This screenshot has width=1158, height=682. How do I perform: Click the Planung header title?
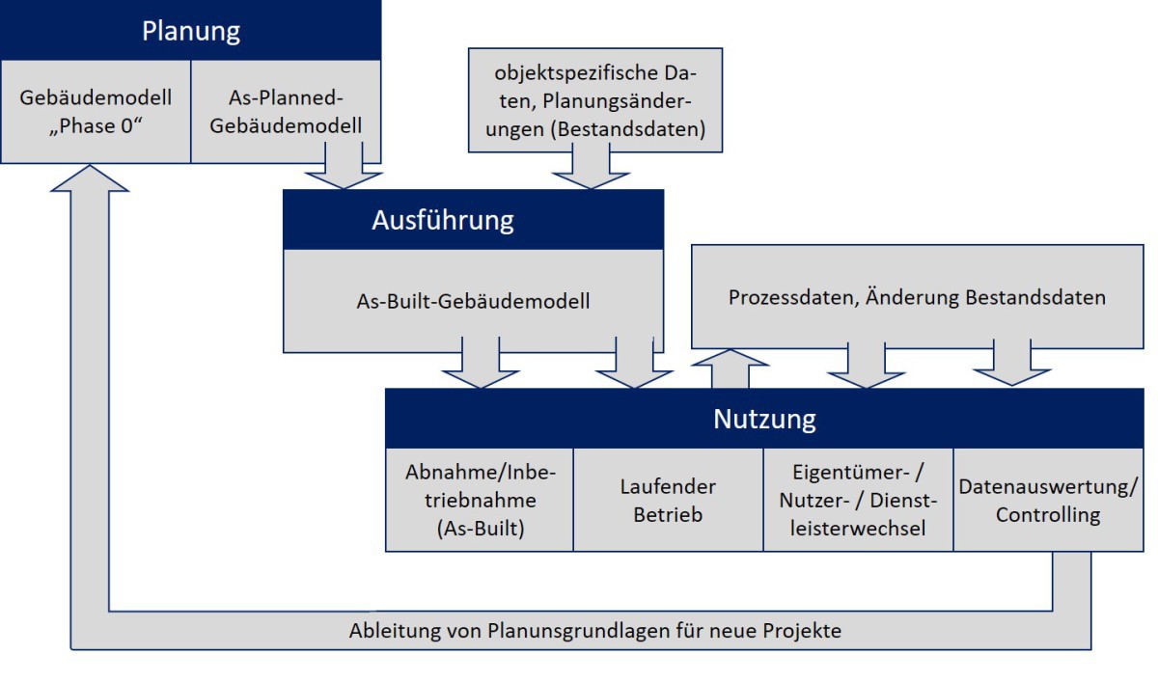191,31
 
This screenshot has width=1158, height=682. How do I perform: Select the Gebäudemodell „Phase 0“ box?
96,112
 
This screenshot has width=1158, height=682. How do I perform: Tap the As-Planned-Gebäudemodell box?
286,112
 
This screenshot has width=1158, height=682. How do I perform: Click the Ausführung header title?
443,220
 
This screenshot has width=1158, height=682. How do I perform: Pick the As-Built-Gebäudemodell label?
473,301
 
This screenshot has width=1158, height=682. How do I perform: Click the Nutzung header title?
764,419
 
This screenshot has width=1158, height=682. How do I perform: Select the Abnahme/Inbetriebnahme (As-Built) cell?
480,500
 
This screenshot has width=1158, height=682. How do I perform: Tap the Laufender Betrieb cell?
668,500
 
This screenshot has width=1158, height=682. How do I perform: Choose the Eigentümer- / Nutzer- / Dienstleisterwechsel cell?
858,500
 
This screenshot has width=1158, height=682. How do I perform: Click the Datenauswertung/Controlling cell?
1048,500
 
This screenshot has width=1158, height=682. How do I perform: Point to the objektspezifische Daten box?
595,100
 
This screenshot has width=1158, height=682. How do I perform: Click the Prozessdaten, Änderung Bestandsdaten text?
917,298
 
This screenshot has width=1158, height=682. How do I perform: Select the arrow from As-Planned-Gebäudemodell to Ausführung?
344,165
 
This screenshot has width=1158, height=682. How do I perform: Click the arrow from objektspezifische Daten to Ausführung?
591,165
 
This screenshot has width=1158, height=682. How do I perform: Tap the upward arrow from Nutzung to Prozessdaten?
730,368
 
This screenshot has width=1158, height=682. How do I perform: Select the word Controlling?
1048,515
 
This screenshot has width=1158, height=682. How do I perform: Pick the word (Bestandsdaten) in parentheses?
628,129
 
